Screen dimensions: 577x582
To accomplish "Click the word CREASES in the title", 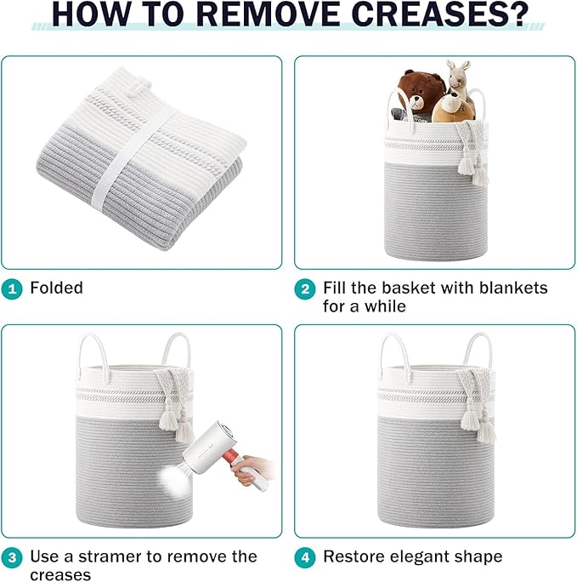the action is tap(438, 14).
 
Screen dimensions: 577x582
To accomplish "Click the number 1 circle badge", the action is tap(12, 289).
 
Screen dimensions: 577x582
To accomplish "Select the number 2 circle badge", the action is tap(305, 289).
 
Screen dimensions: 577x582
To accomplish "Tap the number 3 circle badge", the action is tap(12, 558).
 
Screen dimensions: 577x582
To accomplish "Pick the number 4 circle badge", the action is tap(305, 558).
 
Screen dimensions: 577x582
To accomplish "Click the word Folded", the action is tap(56, 288).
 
